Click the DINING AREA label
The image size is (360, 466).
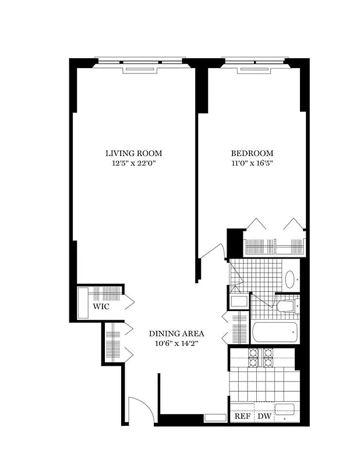point(176,333)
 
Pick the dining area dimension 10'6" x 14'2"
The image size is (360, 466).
point(176,343)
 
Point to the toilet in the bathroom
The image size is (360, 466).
point(286,306)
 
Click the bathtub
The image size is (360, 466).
point(275,333)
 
